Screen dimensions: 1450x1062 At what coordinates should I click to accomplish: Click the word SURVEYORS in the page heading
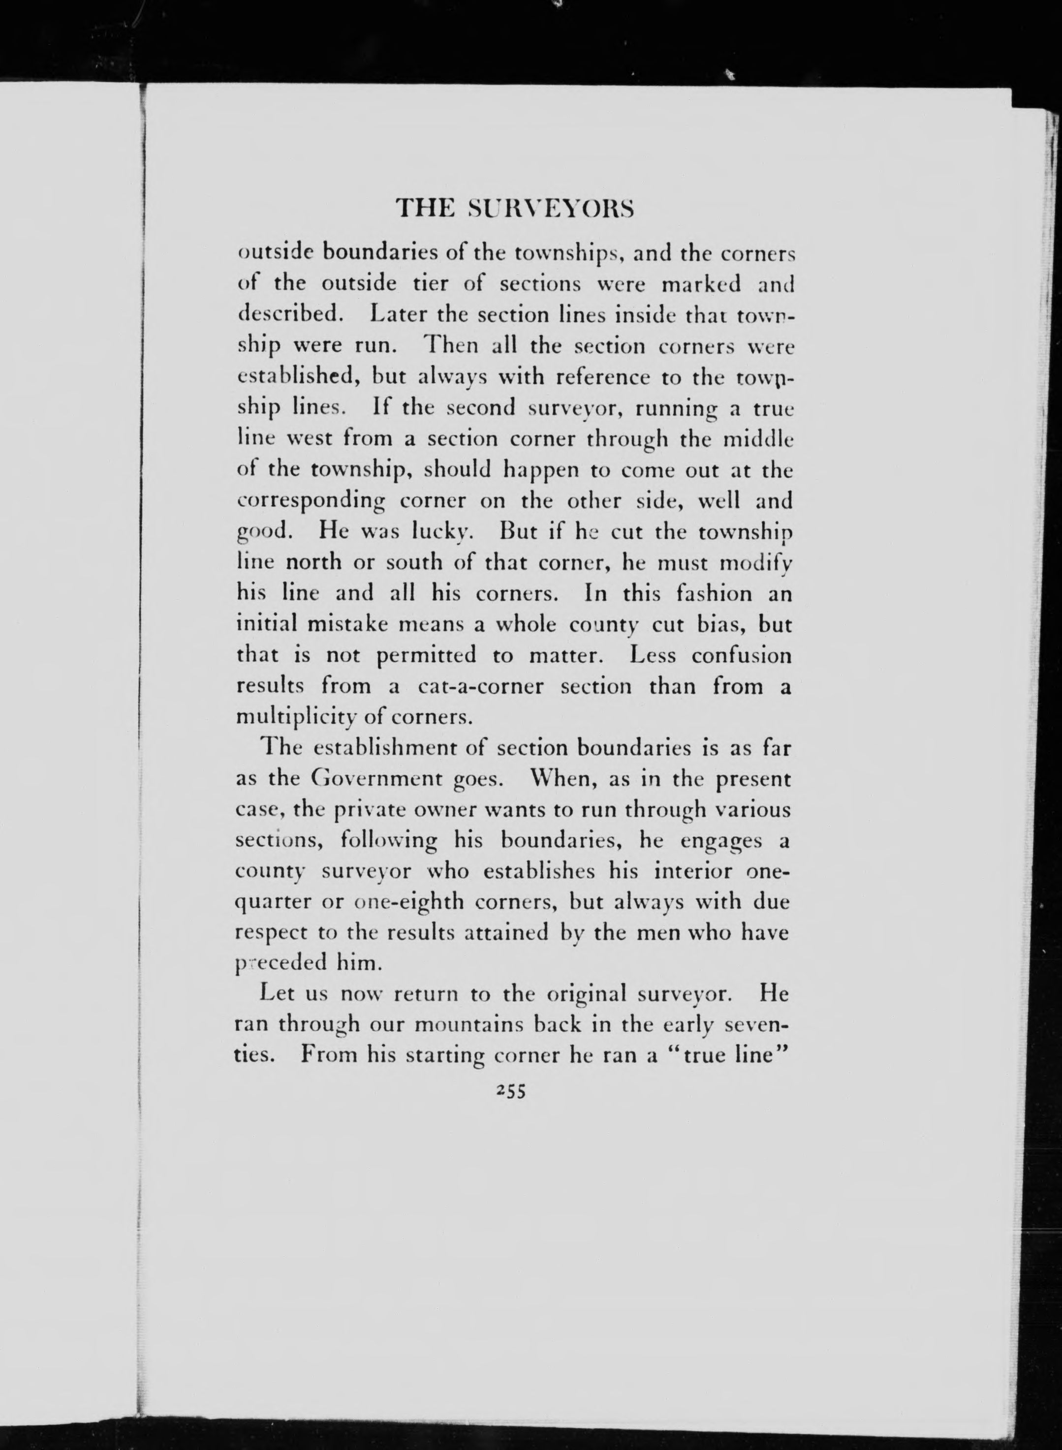(552, 209)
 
